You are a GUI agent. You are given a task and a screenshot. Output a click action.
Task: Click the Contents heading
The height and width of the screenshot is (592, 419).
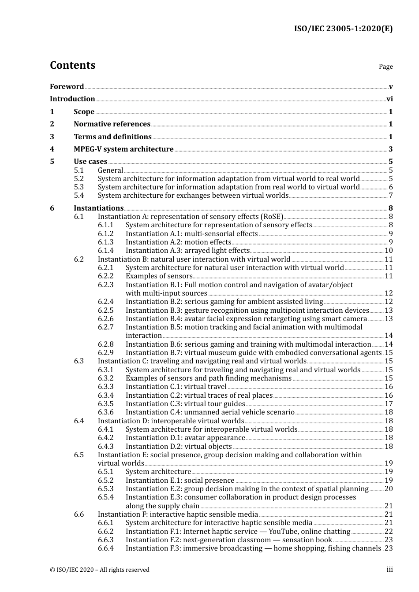(72, 65)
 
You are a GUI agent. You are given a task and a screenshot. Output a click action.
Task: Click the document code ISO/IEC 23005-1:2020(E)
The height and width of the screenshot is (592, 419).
(343, 29)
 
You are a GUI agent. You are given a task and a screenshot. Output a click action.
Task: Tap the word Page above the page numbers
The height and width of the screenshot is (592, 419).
(385, 67)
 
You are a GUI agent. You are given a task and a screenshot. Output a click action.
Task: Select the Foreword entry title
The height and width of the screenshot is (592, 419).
(67, 87)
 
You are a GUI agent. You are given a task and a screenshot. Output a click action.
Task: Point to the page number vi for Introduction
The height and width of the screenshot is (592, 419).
(389, 99)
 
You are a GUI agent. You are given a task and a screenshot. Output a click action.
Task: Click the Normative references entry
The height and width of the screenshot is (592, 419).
(112, 124)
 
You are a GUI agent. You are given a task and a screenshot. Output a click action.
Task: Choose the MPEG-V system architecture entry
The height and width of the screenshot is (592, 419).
(123, 149)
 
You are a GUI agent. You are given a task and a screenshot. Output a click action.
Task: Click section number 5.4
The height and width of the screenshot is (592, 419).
(79, 196)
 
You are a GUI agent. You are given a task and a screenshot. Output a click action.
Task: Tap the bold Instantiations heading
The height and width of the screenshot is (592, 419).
(98, 208)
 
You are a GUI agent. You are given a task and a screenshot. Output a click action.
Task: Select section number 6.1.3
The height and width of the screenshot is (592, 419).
(105, 242)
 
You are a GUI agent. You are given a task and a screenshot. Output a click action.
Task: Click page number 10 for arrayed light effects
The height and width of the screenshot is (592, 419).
(389, 251)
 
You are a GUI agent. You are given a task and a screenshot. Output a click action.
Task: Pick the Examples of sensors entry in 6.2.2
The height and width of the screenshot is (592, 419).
(159, 276)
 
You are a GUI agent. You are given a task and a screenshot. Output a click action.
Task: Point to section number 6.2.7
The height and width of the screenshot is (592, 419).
(105, 327)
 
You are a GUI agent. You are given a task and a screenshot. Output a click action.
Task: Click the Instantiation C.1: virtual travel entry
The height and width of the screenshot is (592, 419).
(176, 387)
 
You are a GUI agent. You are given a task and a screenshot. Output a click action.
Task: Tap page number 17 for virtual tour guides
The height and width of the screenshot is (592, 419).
(389, 404)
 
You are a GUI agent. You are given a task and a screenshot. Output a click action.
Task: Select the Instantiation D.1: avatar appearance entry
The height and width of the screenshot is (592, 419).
(185, 438)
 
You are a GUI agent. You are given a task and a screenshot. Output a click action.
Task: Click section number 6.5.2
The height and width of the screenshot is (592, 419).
(105, 481)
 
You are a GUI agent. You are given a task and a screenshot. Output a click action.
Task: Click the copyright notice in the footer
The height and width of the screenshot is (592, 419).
(100, 570)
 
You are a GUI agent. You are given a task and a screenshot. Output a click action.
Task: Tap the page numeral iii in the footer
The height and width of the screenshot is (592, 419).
(389, 570)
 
